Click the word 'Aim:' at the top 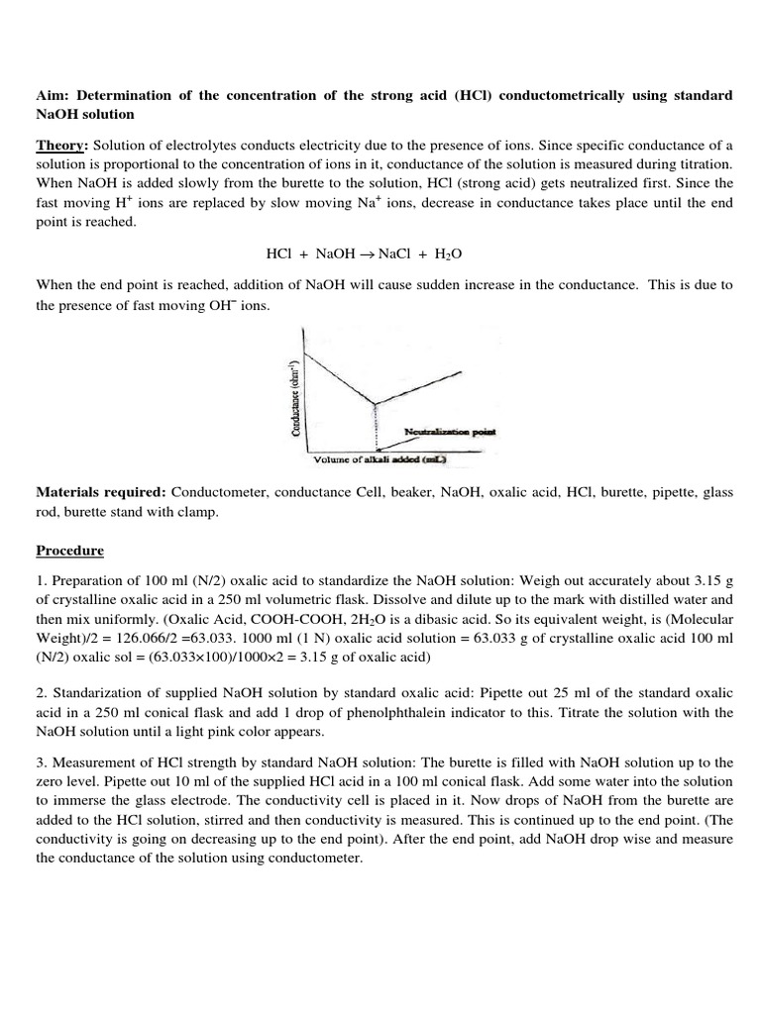click(x=52, y=94)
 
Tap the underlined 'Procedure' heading click(x=70, y=550)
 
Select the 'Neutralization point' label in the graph click(x=451, y=432)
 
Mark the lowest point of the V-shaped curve click(x=375, y=403)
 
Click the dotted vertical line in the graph click(x=375, y=428)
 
